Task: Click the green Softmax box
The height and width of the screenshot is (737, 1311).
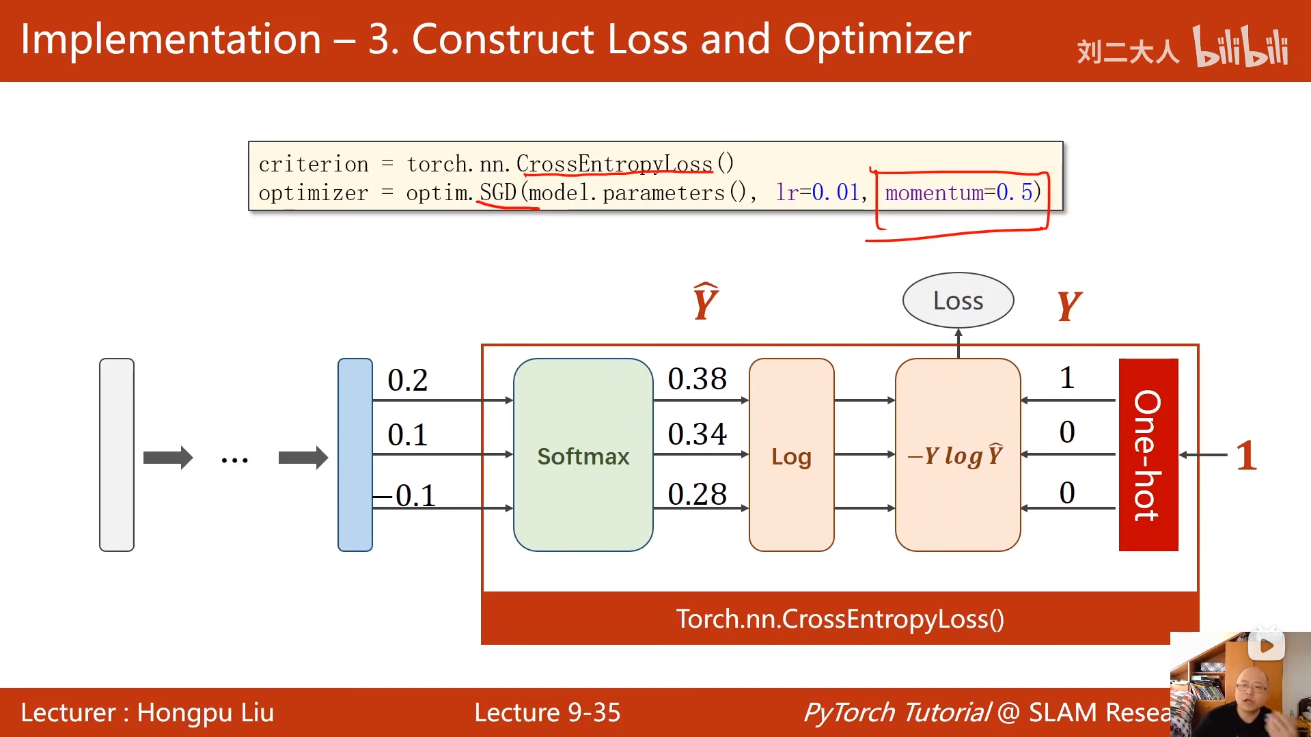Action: point(583,455)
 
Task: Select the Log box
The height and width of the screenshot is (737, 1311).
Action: point(791,455)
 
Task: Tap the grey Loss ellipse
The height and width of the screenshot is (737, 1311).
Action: point(958,301)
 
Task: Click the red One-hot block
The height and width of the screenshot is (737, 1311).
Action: point(1148,455)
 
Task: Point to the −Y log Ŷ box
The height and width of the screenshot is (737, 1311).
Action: point(957,455)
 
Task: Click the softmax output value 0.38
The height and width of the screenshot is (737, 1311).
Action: point(697,379)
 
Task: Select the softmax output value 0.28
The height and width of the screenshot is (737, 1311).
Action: point(697,494)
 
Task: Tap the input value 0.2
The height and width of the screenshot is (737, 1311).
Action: point(407,380)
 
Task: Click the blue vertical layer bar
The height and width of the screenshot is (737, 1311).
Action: point(355,455)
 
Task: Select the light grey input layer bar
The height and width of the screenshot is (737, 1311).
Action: point(117,455)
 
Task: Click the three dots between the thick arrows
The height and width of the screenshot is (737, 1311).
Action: point(234,460)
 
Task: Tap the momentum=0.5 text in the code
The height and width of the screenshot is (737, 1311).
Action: point(963,193)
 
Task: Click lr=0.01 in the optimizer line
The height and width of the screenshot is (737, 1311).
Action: point(818,193)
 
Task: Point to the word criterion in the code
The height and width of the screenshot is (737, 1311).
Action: point(314,165)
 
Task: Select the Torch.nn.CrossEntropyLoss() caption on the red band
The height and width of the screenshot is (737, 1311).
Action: point(840,619)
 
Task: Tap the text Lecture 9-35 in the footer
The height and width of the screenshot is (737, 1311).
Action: point(547,712)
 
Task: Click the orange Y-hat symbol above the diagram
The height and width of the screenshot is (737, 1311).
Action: point(705,302)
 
